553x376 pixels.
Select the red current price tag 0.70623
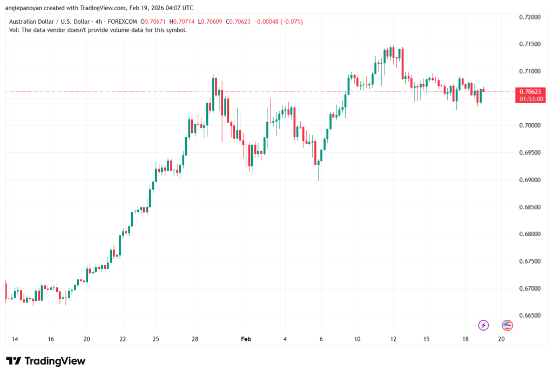coord(529,91)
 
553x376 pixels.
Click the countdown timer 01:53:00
coord(529,99)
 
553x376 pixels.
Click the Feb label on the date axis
coord(246,339)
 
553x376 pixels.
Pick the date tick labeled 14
coord(15,339)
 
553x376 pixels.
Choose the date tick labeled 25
coord(156,339)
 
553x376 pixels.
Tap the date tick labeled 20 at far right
coord(501,339)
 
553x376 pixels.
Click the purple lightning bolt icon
coord(483,325)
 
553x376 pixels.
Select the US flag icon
coord(507,325)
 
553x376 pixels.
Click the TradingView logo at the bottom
coord(46,361)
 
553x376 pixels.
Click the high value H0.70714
coord(182,22)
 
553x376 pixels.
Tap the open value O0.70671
coord(153,22)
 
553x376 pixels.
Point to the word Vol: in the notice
coord(15,30)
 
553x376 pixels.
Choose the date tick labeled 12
coord(394,339)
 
